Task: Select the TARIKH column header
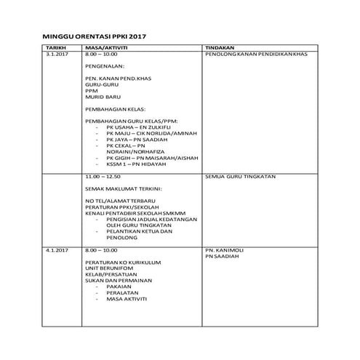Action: [x=56, y=48]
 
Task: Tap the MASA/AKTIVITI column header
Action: [x=105, y=48]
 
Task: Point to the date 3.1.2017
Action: [x=57, y=55]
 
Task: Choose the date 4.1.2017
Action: [x=57, y=249]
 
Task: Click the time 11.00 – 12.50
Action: [x=103, y=177]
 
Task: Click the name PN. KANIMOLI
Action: [x=224, y=249]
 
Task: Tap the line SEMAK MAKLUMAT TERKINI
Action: [x=123, y=188]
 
